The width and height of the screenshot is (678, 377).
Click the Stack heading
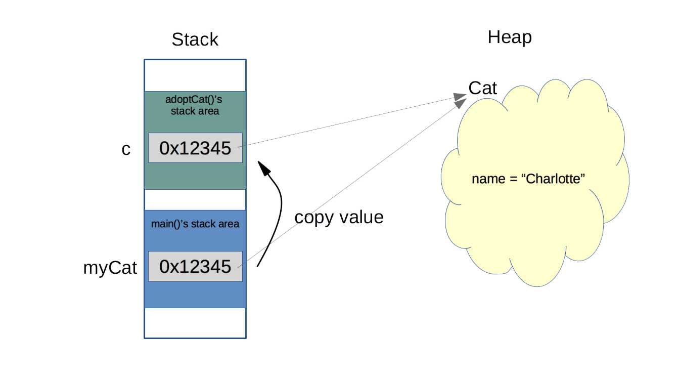(x=195, y=39)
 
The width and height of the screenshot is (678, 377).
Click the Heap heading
(x=509, y=37)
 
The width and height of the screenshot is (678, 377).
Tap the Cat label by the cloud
(x=483, y=89)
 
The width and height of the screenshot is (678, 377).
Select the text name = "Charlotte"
(x=528, y=179)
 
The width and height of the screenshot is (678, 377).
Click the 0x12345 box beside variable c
(x=195, y=148)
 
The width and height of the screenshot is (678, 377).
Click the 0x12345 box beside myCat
(x=195, y=266)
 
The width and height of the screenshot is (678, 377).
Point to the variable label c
(x=126, y=149)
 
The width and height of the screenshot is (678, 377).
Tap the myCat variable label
(x=110, y=268)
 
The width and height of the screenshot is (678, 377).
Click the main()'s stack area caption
(x=195, y=224)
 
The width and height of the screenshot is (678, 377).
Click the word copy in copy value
(x=313, y=217)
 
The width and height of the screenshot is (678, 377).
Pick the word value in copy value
(x=361, y=217)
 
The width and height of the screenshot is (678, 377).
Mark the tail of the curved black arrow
(x=258, y=265)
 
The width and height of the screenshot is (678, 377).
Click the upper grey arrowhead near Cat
(x=461, y=96)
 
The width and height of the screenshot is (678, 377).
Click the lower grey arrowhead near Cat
(x=461, y=103)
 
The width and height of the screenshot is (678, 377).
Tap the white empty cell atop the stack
(x=195, y=75)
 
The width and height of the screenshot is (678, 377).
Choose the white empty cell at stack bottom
(x=195, y=322)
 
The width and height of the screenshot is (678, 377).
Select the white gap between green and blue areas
(x=195, y=199)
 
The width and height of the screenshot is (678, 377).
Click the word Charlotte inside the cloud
(x=555, y=179)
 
